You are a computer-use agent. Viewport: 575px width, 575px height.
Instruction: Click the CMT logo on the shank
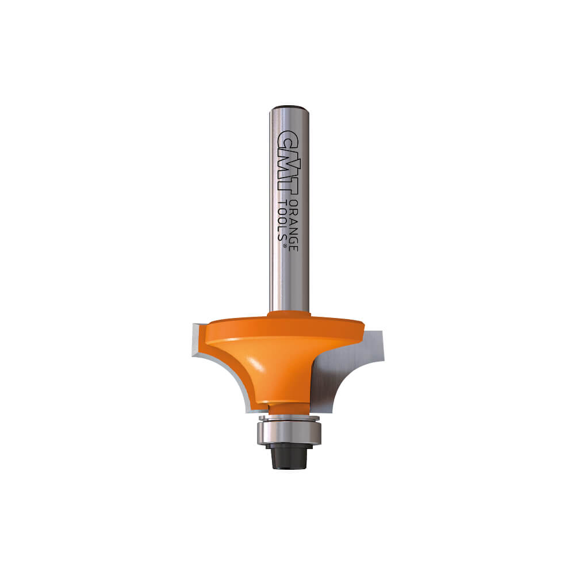pos(289,162)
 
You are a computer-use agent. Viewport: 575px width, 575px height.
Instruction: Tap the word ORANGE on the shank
pos(293,225)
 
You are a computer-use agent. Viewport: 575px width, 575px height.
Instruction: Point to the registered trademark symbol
pos(284,247)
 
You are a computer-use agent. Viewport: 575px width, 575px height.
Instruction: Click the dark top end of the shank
pos(289,108)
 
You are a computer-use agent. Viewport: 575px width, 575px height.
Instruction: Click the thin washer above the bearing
pos(290,417)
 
